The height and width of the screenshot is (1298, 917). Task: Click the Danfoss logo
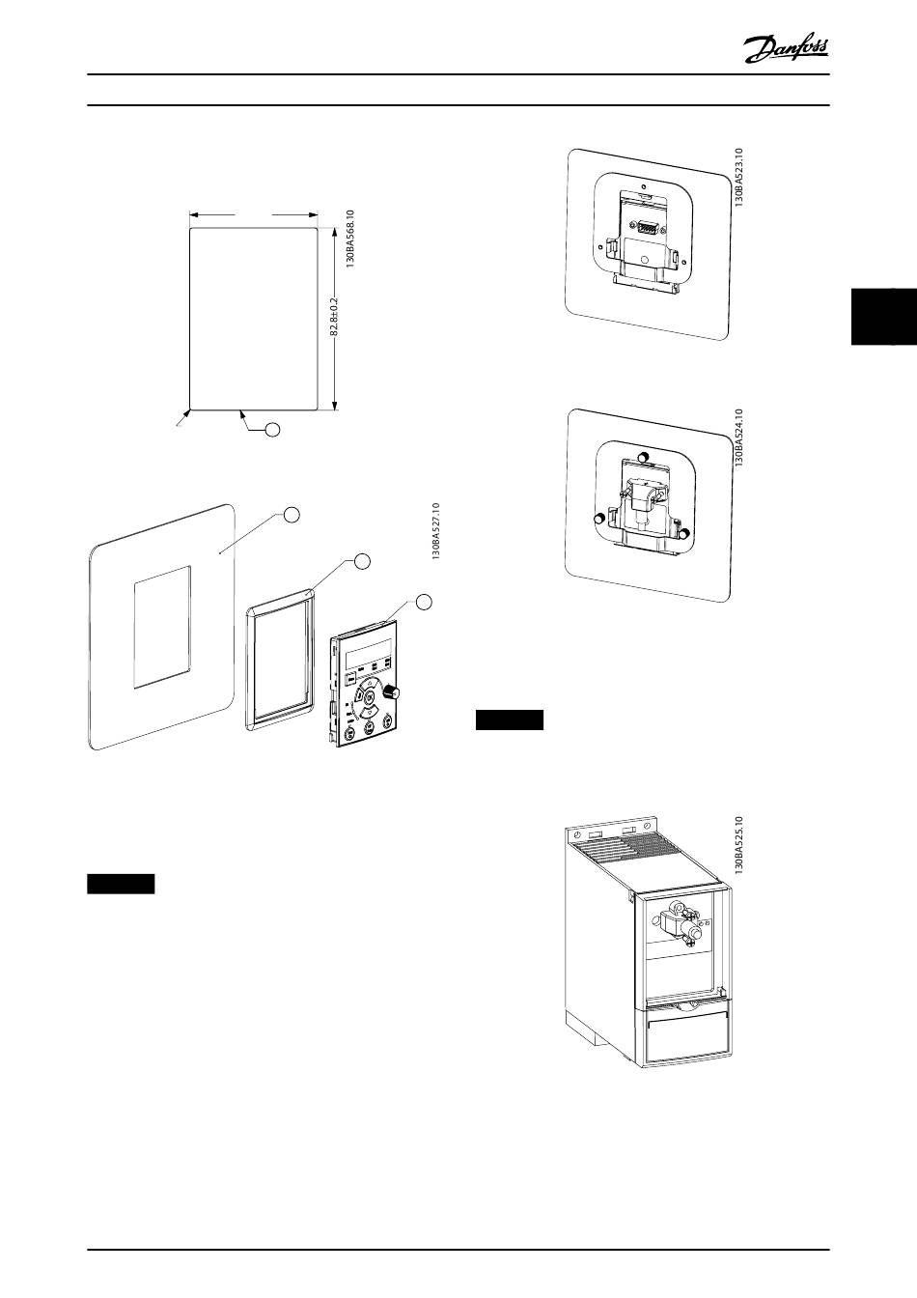coord(787,48)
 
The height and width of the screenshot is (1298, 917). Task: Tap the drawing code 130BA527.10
coord(436,531)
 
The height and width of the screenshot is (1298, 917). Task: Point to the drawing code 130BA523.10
coord(738,178)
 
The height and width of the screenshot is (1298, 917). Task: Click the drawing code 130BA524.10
coord(738,438)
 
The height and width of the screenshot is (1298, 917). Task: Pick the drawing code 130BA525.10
coord(738,844)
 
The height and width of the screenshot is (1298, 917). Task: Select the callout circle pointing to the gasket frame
coord(361,560)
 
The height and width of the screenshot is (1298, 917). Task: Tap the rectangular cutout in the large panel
coord(162,627)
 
